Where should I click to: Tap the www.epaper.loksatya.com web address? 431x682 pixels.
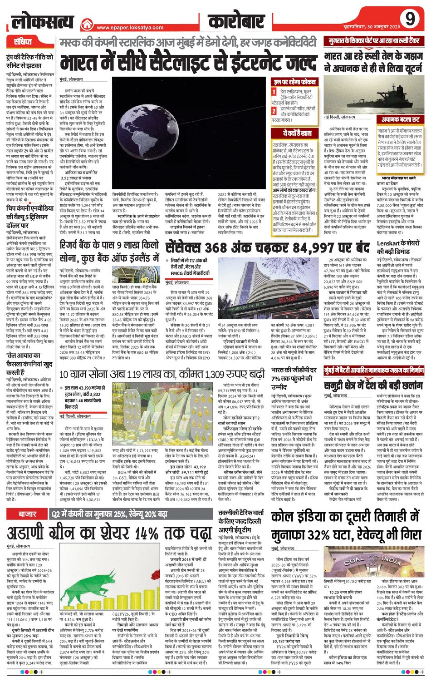(130, 27)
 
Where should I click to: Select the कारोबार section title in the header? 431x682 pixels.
(236, 21)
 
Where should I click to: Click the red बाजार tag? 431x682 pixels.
(27, 514)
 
